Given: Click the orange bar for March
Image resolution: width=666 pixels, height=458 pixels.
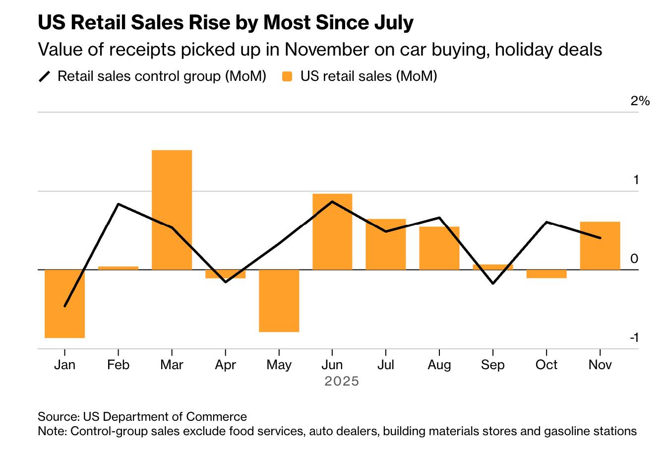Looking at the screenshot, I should [x=172, y=209].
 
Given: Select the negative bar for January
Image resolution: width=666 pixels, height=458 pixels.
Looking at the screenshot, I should [x=64, y=304].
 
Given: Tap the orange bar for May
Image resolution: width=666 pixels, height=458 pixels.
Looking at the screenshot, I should [x=279, y=301].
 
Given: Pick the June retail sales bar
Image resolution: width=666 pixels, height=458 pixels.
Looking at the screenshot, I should [x=332, y=232].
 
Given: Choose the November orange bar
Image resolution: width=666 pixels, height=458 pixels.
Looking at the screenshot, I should [x=600, y=246].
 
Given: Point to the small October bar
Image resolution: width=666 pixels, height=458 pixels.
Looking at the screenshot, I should [x=546, y=274].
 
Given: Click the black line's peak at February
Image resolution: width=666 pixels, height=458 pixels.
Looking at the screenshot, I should [x=118, y=204].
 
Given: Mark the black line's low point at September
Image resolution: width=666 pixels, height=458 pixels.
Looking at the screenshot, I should [x=493, y=283].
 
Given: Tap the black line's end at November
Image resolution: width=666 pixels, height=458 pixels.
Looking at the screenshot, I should [x=601, y=238].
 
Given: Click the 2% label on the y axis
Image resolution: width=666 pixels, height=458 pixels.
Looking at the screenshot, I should [x=640, y=101].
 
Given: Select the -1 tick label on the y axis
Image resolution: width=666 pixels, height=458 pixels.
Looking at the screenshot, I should [x=634, y=338].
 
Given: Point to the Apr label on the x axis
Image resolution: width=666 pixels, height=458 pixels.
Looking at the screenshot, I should [x=225, y=365].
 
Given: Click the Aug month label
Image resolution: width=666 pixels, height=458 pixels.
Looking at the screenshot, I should [x=439, y=365].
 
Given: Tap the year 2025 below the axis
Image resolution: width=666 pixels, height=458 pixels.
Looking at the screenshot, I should [x=341, y=382].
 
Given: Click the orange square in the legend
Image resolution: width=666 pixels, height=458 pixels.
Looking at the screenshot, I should [x=287, y=76].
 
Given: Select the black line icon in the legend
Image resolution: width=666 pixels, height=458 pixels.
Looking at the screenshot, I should [x=45, y=76].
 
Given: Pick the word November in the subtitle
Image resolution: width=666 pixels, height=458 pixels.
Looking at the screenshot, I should [x=326, y=50].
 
